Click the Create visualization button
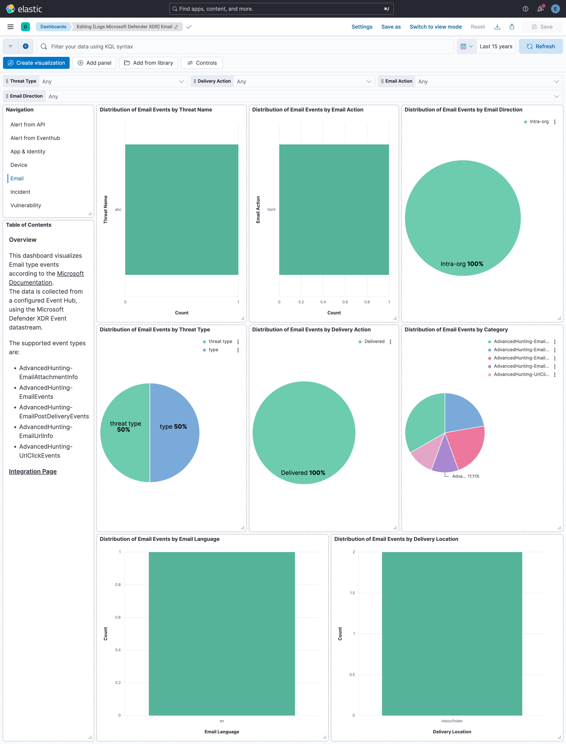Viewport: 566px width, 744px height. click(36, 63)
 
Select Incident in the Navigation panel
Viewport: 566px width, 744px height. click(20, 192)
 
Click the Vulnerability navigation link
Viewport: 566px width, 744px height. click(26, 205)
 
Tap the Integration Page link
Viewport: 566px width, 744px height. click(33, 471)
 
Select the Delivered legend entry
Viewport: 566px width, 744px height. click(374, 341)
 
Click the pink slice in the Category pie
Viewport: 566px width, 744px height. click(467, 444)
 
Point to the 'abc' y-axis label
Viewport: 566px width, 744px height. click(118, 209)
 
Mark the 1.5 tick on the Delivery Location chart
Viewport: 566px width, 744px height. click(352, 593)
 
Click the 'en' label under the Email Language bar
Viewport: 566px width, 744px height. click(222, 721)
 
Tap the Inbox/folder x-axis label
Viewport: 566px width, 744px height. click(452, 721)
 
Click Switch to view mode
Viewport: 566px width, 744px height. click(435, 27)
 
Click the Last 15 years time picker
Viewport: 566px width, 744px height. click(496, 46)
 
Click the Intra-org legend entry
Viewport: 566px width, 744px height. click(539, 122)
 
